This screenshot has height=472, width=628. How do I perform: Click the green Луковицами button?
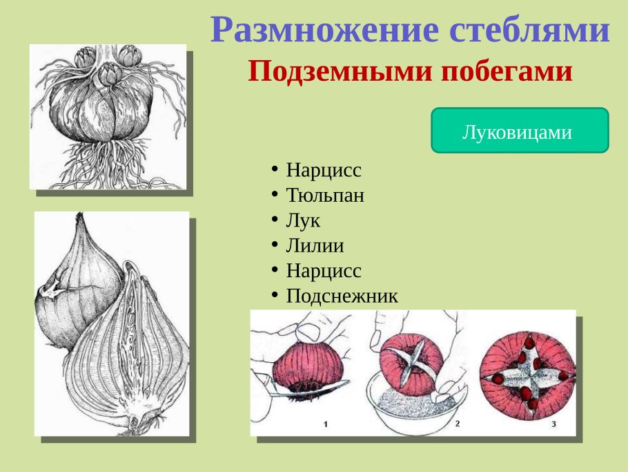[519, 131]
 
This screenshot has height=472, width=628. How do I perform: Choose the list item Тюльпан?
[325, 196]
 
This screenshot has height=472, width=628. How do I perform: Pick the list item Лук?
[304, 220]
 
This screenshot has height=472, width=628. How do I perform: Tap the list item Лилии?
[315, 245]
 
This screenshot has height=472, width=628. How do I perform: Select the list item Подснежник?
[342, 296]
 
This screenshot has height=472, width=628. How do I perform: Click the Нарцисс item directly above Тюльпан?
[324, 170]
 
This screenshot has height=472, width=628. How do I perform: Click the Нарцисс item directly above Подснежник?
[324, 270]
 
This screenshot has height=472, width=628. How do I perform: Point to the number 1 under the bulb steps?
[325, 424]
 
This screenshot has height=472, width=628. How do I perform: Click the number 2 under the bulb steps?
[457, 422]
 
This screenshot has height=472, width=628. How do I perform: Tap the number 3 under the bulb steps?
[553, 423]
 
